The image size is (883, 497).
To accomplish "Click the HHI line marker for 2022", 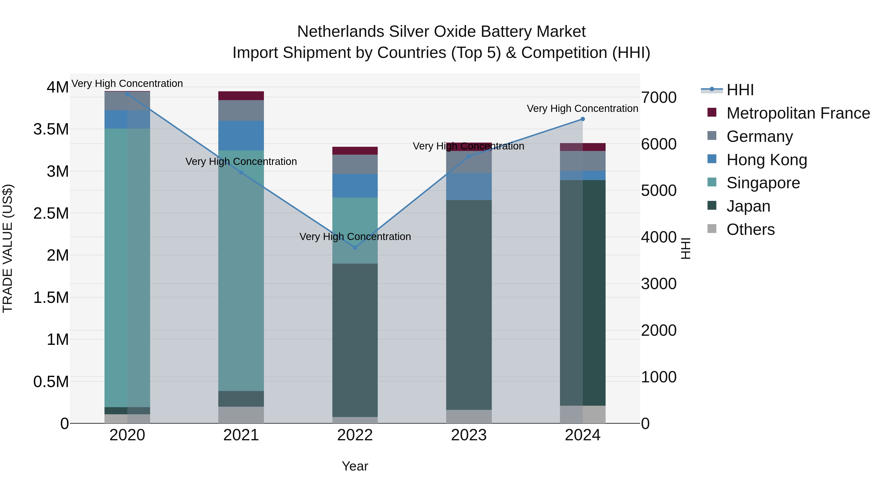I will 355,247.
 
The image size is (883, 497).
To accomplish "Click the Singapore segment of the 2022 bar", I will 355,230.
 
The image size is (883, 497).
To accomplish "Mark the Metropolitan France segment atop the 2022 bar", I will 355,151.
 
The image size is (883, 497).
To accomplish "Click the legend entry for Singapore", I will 763,183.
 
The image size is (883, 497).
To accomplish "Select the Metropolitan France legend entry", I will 798,113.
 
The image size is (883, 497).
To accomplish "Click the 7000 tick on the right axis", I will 659,97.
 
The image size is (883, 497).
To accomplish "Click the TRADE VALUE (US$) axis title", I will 8,248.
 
